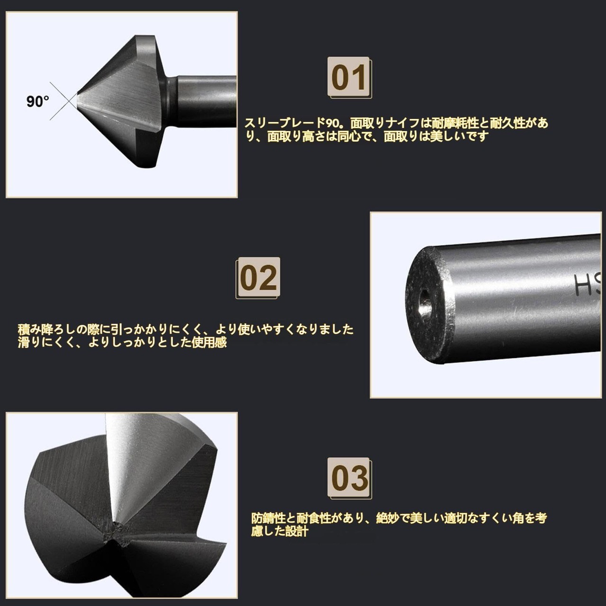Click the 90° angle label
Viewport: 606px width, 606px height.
38,102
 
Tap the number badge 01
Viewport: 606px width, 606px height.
349,77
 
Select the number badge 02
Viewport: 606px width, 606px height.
258,278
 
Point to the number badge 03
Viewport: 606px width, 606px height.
349,478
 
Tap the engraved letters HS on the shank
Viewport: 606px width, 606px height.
587,285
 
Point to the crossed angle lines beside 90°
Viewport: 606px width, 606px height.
64,101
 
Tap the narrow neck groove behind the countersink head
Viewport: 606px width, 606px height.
171,101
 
